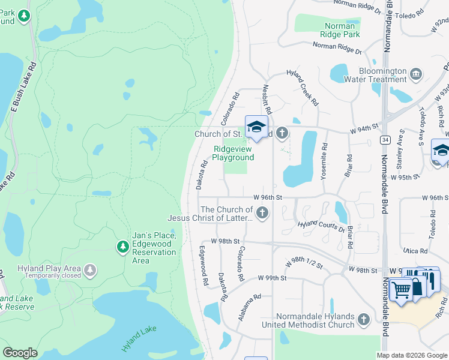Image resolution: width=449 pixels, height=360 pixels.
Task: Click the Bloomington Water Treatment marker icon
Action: (416, 74)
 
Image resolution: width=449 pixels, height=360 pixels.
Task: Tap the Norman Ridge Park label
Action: (342, 30)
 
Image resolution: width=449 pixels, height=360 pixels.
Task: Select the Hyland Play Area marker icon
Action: (90, 269)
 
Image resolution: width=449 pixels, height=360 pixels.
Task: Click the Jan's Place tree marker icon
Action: (123, 247)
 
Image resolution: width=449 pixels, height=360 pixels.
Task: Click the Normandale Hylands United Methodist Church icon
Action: (363, 320)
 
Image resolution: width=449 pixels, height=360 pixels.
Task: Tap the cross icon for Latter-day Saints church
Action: (262, 213)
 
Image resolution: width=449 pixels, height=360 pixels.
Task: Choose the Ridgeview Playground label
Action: (233, 153)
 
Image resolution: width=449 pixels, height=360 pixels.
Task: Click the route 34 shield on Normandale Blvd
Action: (384, 139)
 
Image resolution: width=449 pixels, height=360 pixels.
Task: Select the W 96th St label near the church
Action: (268, 197)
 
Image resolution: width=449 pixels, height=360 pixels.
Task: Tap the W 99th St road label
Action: (273, 278)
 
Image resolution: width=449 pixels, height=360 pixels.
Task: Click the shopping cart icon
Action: (400, 290)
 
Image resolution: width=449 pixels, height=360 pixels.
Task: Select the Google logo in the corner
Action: (20, 353)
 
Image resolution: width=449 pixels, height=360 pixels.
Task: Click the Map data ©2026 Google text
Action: (411, 355)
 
